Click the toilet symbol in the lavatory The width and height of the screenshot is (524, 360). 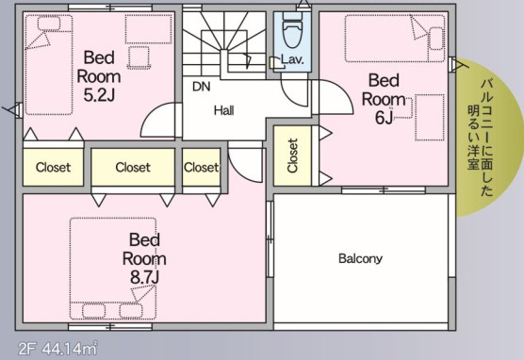(292, 31)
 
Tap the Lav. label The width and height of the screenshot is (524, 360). (292, 59)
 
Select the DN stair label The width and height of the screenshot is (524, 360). (202, 87)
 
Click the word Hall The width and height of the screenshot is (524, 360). (224, 110)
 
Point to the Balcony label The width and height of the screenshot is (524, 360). (360, 258)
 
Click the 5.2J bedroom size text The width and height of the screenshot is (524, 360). (99, 95)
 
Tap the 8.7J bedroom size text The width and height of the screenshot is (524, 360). (144, 277)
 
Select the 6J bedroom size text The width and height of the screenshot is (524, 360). (384, 117)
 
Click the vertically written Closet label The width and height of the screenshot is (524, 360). (292, 155)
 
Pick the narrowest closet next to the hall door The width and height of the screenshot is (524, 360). (201, 167)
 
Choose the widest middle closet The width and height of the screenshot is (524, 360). (133, 167)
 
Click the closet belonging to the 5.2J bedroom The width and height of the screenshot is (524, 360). (53, 167)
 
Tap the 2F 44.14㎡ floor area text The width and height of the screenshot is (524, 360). (57, 349)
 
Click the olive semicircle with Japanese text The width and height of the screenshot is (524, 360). (484, 137)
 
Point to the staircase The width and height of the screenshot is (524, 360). (224, 45)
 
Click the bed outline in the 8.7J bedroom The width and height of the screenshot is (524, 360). (113, 269)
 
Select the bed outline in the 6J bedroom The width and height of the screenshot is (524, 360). (395, 39)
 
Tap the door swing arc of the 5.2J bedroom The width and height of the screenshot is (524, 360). (152, 114)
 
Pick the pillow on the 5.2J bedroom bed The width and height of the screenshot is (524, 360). (49, 24)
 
